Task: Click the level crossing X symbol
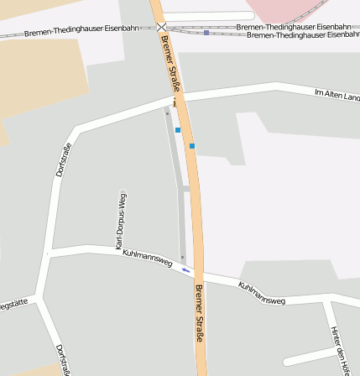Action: click(x=161, y=28)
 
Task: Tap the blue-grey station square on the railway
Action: click(x=206, y=32)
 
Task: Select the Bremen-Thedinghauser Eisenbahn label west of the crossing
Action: click(x=81, y=30)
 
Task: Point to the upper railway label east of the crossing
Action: click(x=282, y=27)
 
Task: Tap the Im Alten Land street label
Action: click(x=337, y=95)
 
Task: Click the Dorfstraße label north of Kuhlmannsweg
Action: click(x=64, y=159)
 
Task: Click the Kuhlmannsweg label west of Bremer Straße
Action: click(x=147, y=258)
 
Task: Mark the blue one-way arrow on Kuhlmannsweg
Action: click(x=187, y=270)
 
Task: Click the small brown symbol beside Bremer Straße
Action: click(x=175, y=102)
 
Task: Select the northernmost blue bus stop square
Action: click(x=178, y=130)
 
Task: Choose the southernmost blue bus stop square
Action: click(x=192, y=146)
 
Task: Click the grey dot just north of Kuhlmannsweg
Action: click(x=182, y=257)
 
